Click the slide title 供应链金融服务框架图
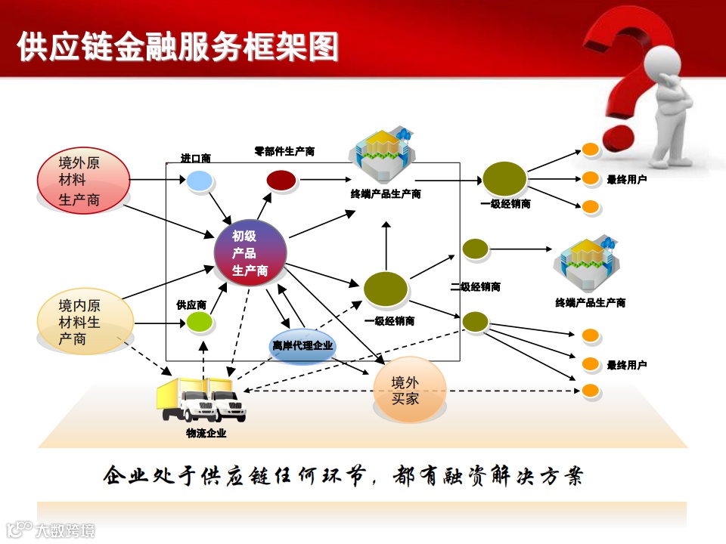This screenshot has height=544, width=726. click(x=178, y=47)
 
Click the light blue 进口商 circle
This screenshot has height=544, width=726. click(x=199, y=181)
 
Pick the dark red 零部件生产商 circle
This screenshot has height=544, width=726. click(x=281, y=180)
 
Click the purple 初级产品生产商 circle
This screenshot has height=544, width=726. click(x=250, y=253)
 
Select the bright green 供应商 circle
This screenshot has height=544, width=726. click(x=200, y=323)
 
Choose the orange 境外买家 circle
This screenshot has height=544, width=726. click(x=410, y=390)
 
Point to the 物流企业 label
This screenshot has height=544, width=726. click(x=206, y=434)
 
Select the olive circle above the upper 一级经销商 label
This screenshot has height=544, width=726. click(x=504, y=179)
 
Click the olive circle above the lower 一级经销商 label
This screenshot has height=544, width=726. click(x=386, y=289)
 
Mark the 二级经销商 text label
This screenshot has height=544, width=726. click(x=475, y=287)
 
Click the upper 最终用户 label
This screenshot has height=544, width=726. click(x=626, y=180)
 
